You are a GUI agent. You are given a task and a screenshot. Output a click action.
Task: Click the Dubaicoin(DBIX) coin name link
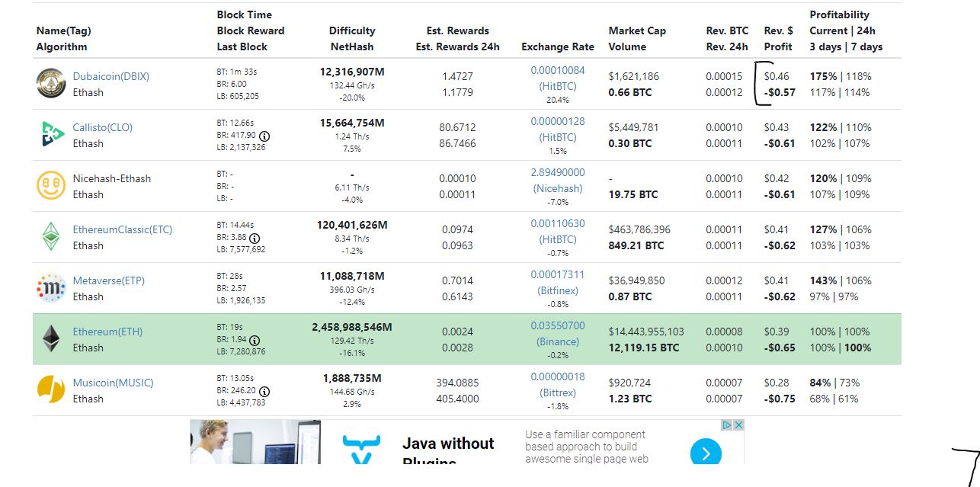point(110,76)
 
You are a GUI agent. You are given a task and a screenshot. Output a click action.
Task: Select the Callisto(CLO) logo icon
point(51,135)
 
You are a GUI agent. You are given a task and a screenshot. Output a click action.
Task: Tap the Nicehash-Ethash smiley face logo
point(51,186)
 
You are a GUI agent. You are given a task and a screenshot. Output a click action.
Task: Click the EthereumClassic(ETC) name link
point(122,229)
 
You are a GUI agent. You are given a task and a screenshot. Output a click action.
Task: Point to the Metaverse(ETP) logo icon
point(51,288)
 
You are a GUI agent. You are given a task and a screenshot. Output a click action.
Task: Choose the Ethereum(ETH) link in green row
point(107,332)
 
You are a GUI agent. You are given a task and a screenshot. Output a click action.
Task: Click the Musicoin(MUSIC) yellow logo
point(51,390)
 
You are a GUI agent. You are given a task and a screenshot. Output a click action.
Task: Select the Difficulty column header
point(351,30)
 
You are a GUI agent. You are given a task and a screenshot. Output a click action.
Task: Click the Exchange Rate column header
point(557,46)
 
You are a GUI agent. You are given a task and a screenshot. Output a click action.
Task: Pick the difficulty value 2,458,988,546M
point(351,327)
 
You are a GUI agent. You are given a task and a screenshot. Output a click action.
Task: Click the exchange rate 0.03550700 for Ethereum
point(557,325)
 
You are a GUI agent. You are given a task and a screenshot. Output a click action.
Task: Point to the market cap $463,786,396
point(639,229)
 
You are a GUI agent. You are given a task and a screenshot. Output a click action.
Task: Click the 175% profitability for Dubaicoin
point(823,76)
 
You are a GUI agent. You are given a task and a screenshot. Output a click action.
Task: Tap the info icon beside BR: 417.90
point(264,136)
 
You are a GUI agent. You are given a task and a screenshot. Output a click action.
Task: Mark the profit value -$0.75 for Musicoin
point(779,399)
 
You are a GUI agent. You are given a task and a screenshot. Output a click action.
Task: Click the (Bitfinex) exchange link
point(557,290)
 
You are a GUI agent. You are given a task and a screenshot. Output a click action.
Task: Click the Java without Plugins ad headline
point(447,444)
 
